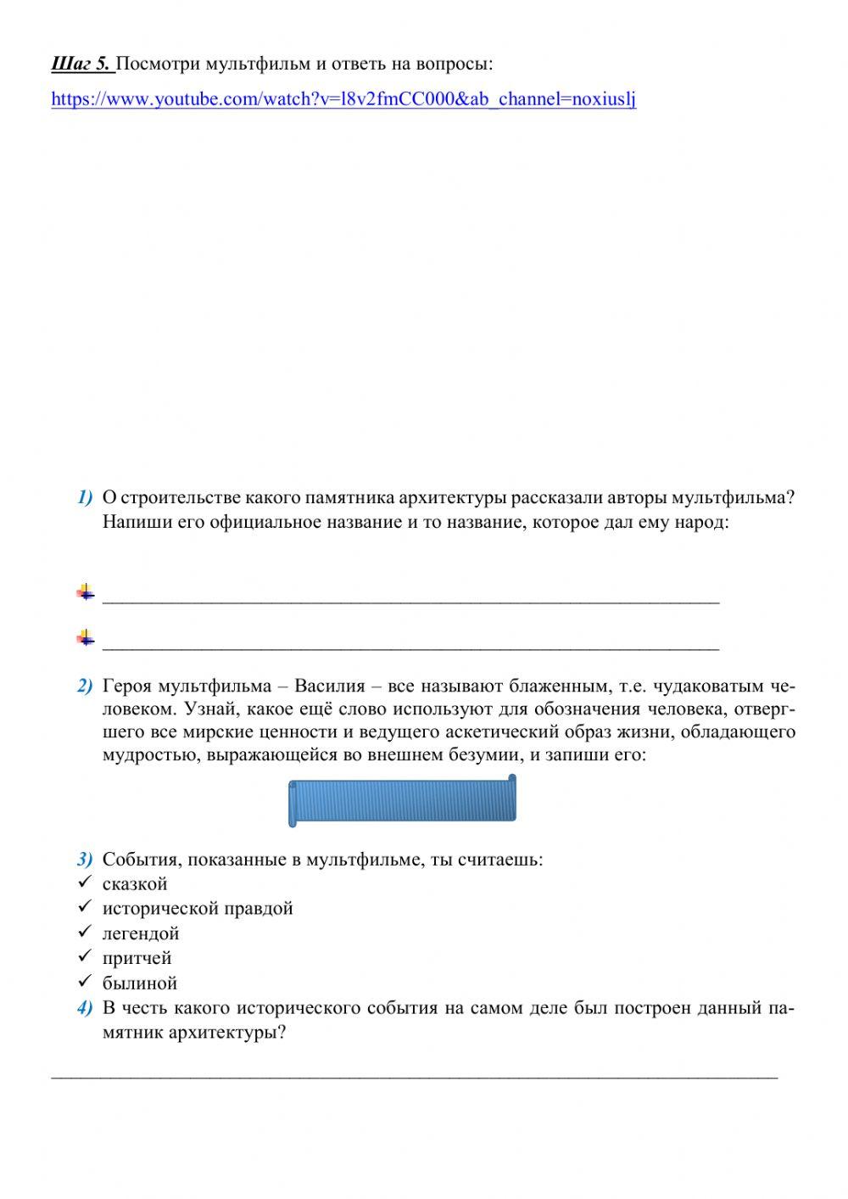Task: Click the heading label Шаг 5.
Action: click(81, 64)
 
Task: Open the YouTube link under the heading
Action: click(343, 99)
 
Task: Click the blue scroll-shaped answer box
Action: click(402, 801)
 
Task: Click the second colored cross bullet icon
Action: click(86, 636)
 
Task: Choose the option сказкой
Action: click(135, 884)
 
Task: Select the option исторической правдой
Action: click(198, 909)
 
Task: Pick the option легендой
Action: click(141, 933)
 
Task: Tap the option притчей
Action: click(137, 958)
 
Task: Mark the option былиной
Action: click(139, 983)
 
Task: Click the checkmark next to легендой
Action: click(84, 932)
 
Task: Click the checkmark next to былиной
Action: click(84, 982)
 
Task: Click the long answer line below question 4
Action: click(415, 1077)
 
